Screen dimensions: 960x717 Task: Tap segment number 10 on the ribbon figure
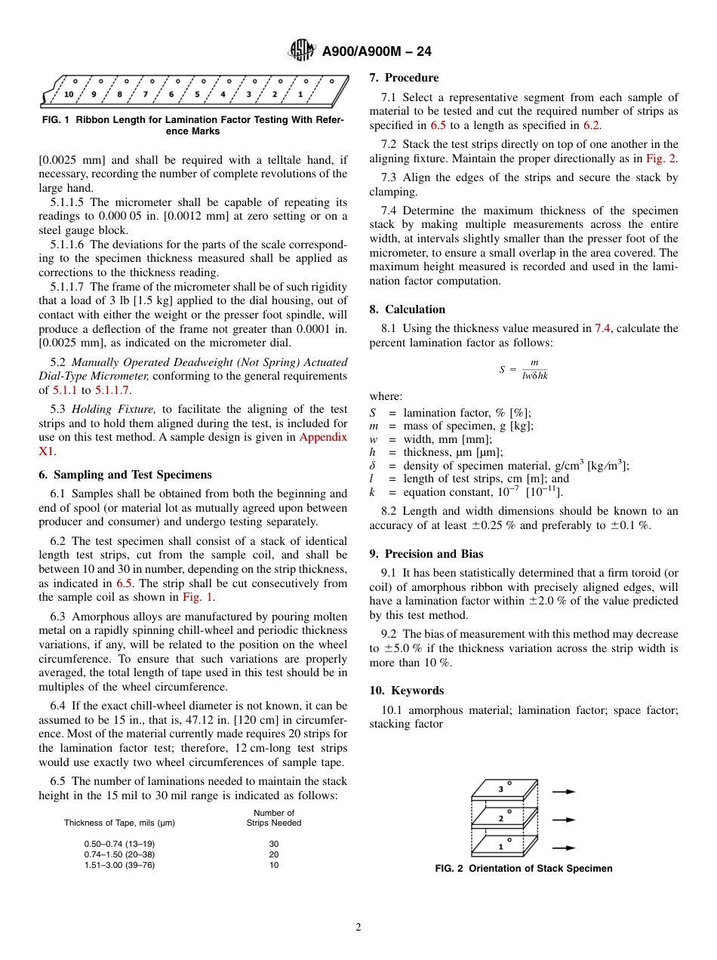tap(69, 94)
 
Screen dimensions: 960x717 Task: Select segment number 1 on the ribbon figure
tap(300, 94)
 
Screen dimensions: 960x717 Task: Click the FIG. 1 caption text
tap(192, 125)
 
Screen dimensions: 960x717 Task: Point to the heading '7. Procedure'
tap(404, 78)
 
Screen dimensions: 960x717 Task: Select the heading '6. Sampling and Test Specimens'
tap(125, 475)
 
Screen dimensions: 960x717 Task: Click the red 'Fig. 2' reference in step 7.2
tap(661, 158)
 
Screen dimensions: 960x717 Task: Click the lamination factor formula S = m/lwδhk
tap(523, 369)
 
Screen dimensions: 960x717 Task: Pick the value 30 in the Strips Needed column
tap(273, 844)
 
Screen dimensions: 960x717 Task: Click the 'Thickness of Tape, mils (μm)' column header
tap(119, 823)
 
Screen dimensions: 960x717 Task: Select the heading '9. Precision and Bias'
tap(426, 554)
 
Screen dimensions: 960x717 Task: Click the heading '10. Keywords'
tap(407, 691)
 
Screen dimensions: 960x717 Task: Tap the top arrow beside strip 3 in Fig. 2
tap(563, 792)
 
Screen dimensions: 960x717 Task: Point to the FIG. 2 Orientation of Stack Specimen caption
tap(523, 869)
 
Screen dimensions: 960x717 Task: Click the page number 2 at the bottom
tap(358, 928)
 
